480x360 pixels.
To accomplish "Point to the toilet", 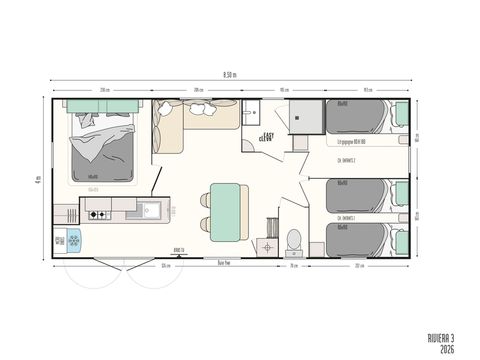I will pos(293,241).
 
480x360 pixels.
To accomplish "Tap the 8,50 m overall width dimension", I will pos(230,74).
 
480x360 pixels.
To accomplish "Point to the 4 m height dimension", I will pos(38,180).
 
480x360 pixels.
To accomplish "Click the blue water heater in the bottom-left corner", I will pos(72,240).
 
